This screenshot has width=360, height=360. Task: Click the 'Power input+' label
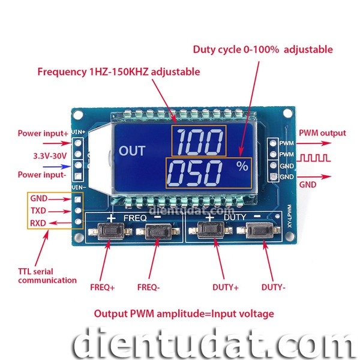click(43, 133)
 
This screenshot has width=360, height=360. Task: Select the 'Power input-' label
click(41, 175)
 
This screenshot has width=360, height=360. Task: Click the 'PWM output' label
click(322, 133)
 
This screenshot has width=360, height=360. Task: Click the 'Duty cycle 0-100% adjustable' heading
click(262, 49)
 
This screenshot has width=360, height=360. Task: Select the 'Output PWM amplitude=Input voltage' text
click(184, 313)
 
